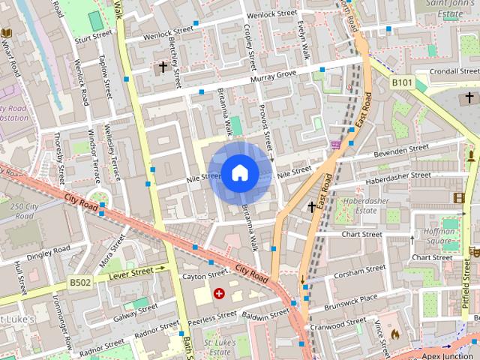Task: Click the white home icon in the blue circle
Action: pos(239,173)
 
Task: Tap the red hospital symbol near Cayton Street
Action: pos(220,293)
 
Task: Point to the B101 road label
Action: pos(403,82)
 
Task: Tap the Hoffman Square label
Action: pos(439,237)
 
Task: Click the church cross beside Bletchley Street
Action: pos(162,67)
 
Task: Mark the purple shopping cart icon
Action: pos(335,144)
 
